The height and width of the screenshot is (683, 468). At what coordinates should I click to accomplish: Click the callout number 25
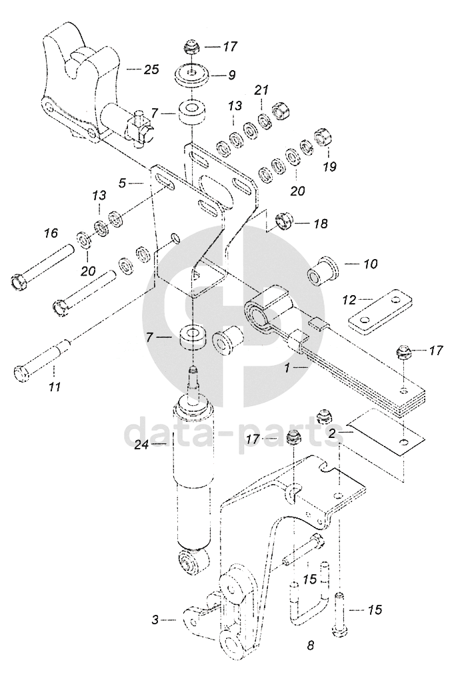(151, 69)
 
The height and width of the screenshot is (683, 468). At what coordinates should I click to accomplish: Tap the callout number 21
(261, 90)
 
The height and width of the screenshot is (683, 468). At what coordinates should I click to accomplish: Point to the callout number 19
(330, 166)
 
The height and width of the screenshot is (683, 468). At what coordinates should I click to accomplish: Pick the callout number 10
(370, 264)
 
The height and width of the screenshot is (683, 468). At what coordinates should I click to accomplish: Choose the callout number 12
(349, 300)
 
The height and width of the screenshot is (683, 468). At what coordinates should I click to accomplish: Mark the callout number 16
(51, 233)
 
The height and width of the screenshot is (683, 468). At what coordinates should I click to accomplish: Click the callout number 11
(55, 386)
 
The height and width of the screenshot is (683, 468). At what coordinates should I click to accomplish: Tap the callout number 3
(155, 620)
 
